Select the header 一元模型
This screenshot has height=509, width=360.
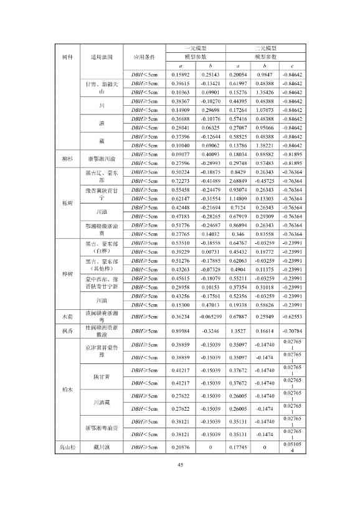(196, 47)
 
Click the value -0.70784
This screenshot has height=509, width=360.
(293, 332)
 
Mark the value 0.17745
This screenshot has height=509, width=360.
(240, 447)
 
